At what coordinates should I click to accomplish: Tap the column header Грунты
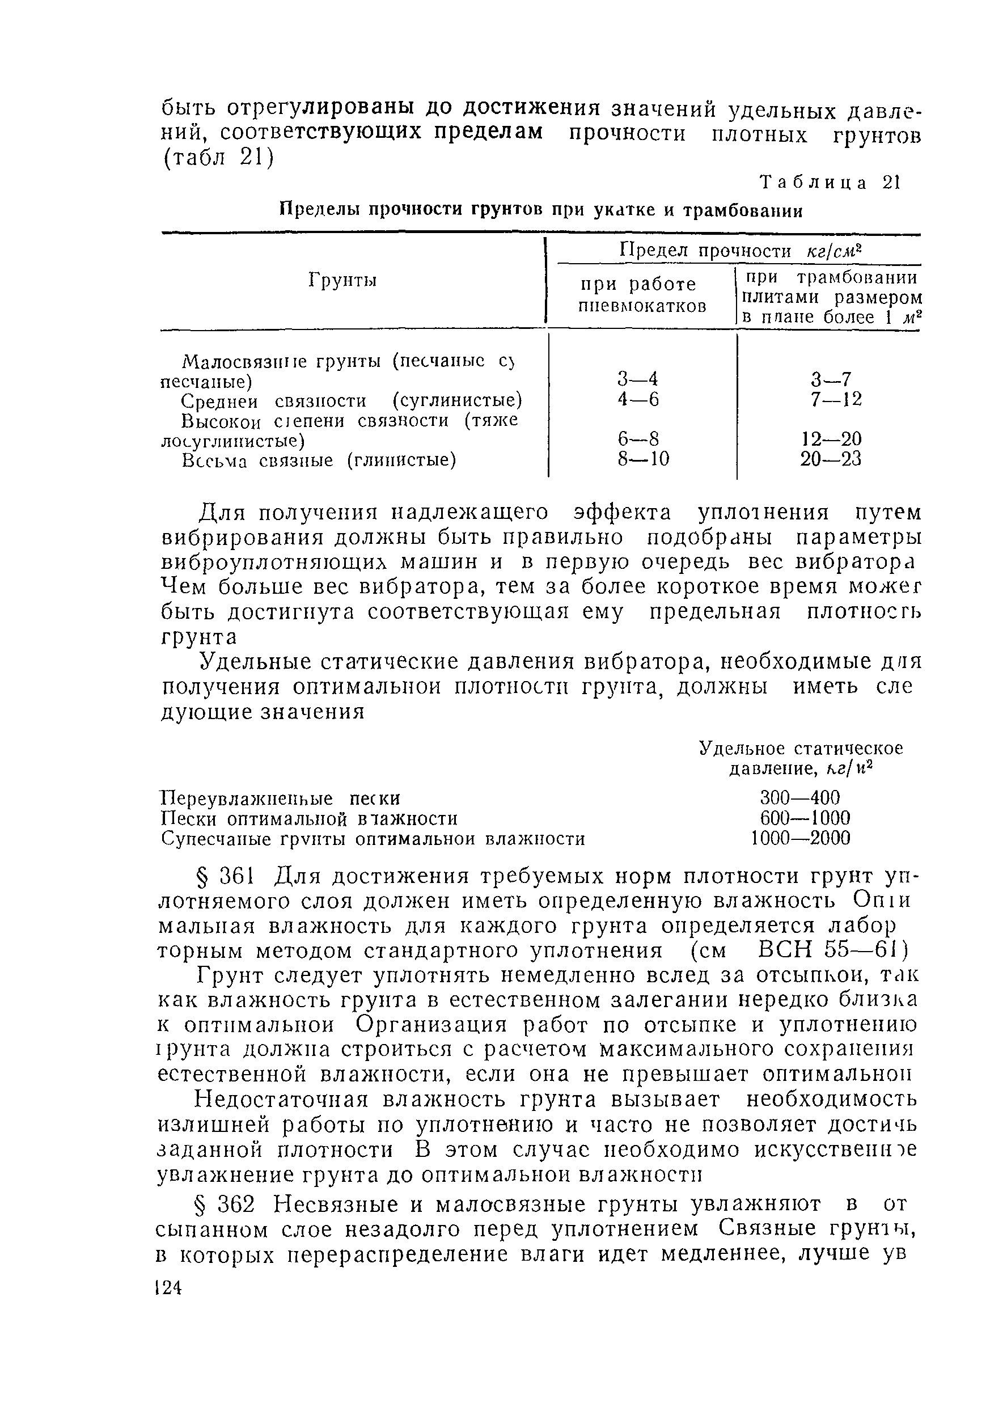(x=343, y=281)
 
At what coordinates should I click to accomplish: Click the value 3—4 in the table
(x=638, y=378)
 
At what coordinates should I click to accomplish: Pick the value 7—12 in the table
(x=835, y=399)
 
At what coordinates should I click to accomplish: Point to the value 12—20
(x=830, y=439)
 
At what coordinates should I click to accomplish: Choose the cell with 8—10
(x=643, y=459)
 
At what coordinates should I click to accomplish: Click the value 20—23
(x=830, y=459)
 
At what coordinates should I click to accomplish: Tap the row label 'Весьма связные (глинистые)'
(x=319, y=461)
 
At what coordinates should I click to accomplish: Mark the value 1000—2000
(x=800, y=838)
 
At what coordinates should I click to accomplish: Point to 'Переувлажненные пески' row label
(x=280, y=798)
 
